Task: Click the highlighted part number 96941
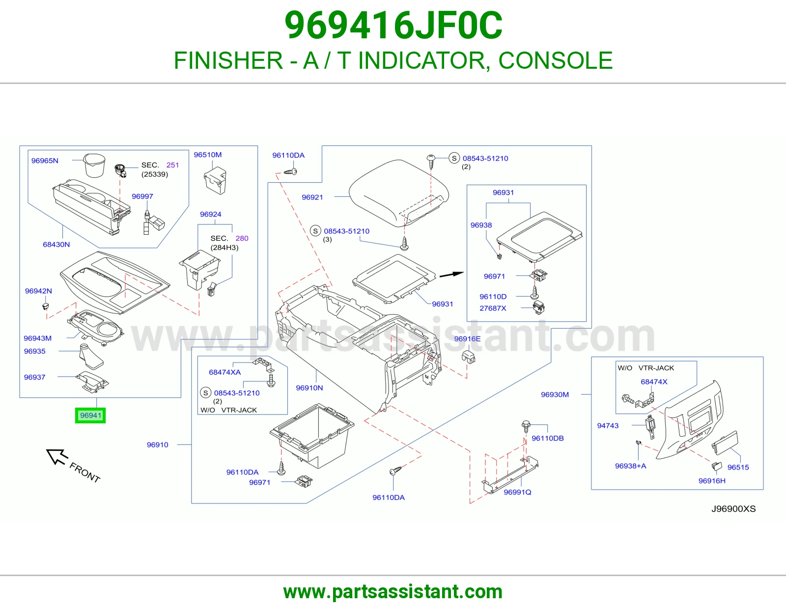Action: (90, 415)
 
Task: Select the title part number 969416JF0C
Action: (393, 26)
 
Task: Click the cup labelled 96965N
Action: (94, 166)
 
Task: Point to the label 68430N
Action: (56, 245)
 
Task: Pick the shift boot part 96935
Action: (91, 357)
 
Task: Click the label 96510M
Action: (208, 155)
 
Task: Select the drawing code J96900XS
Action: (733, 509)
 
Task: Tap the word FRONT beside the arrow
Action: (84, 472)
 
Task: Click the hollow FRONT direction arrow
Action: (57, 456)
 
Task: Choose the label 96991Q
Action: (517, 492)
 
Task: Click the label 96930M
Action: (555, 394)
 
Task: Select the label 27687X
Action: (493, 308)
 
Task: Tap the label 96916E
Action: (467, 338)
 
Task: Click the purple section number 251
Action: (172, 165)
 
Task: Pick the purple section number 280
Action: (242, 238)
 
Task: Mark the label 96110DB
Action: (548, 438)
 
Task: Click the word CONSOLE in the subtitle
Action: (556, 60)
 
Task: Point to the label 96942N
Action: (38, 291)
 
